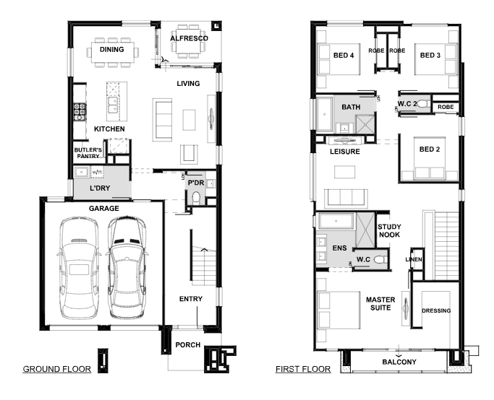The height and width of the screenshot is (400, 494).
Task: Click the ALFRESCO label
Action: click(x=189, y=37)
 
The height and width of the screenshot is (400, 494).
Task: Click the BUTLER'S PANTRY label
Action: click(x=87, y=152)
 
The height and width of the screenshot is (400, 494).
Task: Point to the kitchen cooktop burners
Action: click(x=79, y=112)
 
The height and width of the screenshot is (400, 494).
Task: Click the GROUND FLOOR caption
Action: click(x=57, y=369)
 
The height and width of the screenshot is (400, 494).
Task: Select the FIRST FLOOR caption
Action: click(x=303, y=369)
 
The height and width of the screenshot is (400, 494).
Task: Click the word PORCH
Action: click(x=188, y=346)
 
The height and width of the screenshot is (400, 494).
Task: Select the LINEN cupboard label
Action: click(x=414, y=259)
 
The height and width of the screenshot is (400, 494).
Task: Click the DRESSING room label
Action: click(x=436, y=311)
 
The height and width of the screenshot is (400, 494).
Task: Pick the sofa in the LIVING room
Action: click(x=162, y=119)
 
